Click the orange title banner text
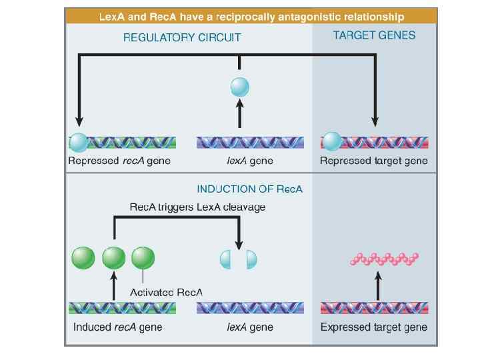(x=251, y=17)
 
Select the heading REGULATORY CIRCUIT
(x=182, y=37)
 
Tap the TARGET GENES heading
(x=374, y=35)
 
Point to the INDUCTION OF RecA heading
(x=249, y=189)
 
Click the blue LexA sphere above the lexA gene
(x=240, y=87)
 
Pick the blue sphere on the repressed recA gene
(x=79, y=143)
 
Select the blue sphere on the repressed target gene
(x=333, y=141)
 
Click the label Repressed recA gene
(x=119, y=161)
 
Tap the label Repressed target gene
(x=374, y=161)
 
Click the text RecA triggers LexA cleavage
(x=197, y=207)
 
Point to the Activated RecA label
(x=166, y=293)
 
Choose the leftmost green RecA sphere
(x=83, y=258)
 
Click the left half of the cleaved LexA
(x=225, y=259)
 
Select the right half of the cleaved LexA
(x=251, y=259)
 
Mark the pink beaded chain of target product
(x=384, y=259)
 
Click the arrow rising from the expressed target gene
(x=378, y=286)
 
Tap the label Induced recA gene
(x=117, y=327)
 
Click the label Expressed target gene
(x=374, y=327)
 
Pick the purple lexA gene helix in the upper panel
(x=250, y=143)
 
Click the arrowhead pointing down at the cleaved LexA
(x=239, y=245)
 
